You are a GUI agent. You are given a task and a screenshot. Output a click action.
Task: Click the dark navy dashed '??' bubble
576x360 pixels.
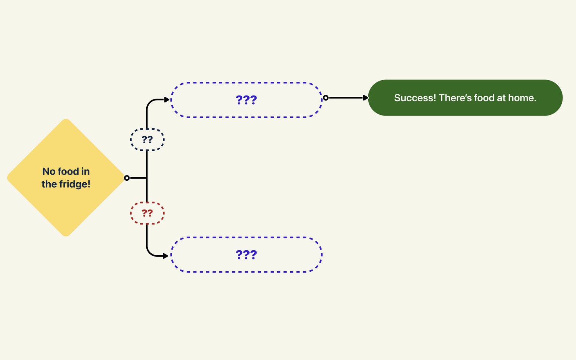click(x=147, y=140)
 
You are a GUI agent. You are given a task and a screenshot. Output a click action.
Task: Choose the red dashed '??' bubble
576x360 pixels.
click(x=147, y=213)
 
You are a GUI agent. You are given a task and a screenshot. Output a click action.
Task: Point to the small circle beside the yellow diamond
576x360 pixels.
click(x=127, y=178)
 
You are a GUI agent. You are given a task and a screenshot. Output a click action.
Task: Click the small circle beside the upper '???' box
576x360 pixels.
click(x=326, y=98)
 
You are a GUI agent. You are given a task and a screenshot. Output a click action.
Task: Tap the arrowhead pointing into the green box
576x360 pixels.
click(x=366, y=98)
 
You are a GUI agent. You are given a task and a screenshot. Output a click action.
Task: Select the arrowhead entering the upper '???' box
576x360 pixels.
click(x=167, y=100)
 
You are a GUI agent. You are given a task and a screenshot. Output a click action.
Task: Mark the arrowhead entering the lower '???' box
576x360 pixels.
click(x=166, y=256)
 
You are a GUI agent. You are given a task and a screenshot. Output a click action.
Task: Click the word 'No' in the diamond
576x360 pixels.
click(x=49, y=171)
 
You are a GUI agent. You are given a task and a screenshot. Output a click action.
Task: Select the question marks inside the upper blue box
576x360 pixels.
click(x=246, y=100)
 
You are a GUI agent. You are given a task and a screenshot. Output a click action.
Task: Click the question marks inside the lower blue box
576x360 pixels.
click(x=246, y=255)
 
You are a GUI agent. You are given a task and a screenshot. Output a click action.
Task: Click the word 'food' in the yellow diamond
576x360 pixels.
click(x=68, y=171)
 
